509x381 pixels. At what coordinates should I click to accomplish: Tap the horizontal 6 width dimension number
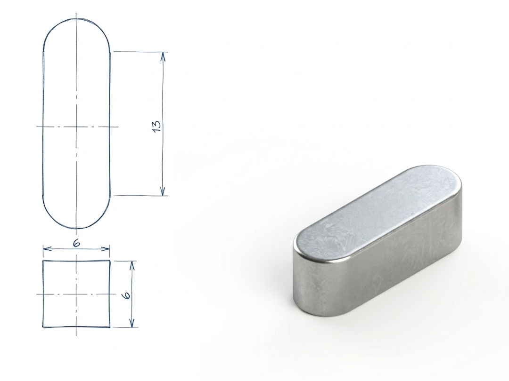coord(77,243)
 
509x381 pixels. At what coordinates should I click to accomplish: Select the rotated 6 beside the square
coord(127,294)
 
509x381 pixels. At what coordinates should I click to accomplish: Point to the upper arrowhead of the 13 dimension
coord(163,56)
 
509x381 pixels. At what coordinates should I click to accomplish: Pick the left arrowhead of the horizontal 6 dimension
coord(47,249)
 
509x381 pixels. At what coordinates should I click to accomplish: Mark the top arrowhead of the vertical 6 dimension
coord(131,265)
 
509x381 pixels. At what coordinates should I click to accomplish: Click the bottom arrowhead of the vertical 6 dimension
coord(132,323)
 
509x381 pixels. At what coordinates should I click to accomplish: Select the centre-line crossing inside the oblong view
coord(76,127)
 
